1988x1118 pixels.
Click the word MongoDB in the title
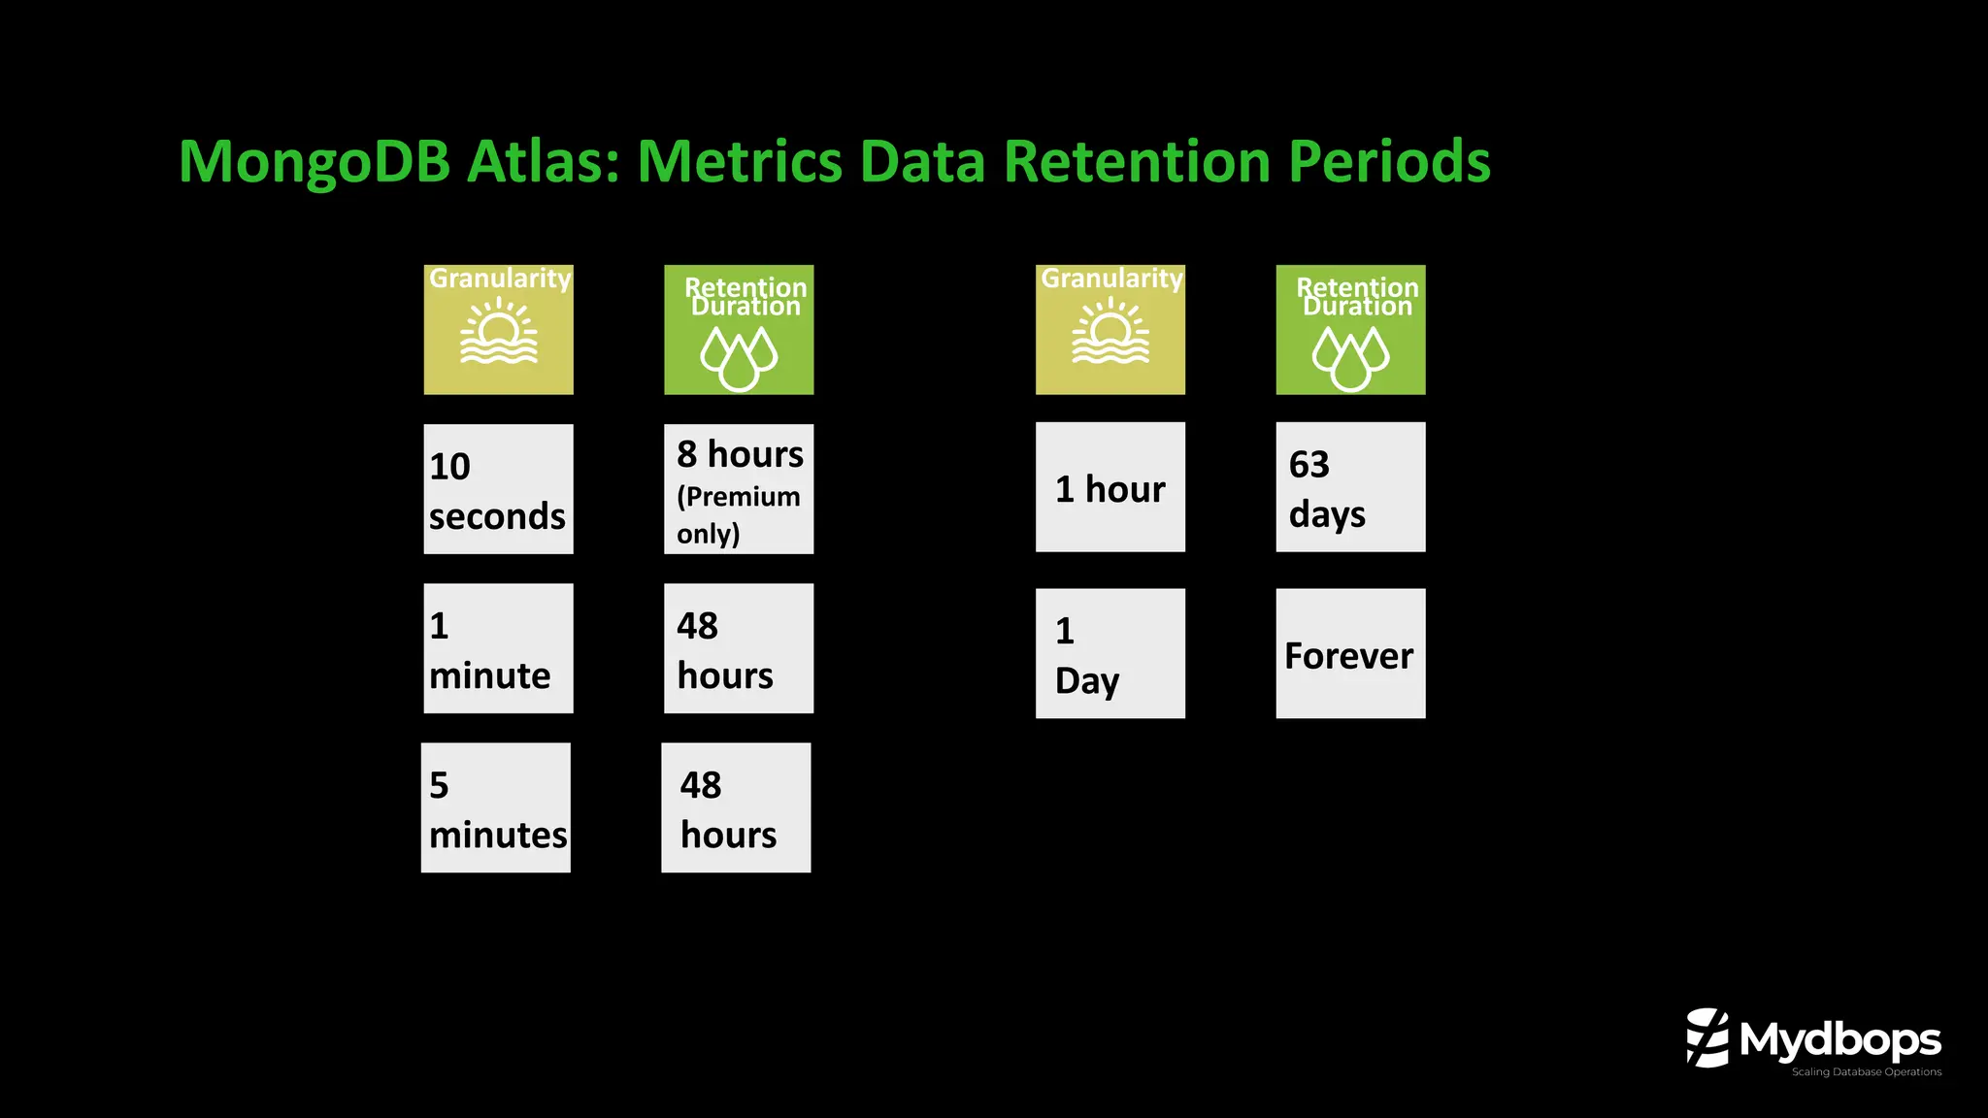[x=315, y=163]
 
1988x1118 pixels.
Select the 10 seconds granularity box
[x=498, y=489]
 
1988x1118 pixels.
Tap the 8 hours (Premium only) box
[x=739, y=489]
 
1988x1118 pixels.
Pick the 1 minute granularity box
[x=498, y=648]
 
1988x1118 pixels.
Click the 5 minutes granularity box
[x=496, y=807]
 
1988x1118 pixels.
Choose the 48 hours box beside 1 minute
[x=739, y=648]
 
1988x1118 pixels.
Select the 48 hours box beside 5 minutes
[x=736, y=807]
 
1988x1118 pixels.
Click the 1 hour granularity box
[x=1110, y=487]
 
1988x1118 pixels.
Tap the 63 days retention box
[x=1350, y=487]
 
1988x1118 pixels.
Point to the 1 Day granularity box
[x=1110, y=653]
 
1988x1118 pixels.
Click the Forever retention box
[x=1350, y=653]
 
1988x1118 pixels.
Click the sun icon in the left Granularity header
[x=498, y=333]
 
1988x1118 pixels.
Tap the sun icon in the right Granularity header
[x=1110, y=333]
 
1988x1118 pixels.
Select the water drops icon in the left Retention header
[x=739, y=356]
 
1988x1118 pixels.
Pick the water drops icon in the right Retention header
[x=1350, y=356]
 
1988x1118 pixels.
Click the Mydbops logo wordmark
[x=1839, y=1040]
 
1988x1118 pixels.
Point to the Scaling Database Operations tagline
[x=1866, y=1072]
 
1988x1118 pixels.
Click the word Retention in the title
[x=1137, y=161]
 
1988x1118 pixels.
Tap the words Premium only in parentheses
[x=738, y=515]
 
